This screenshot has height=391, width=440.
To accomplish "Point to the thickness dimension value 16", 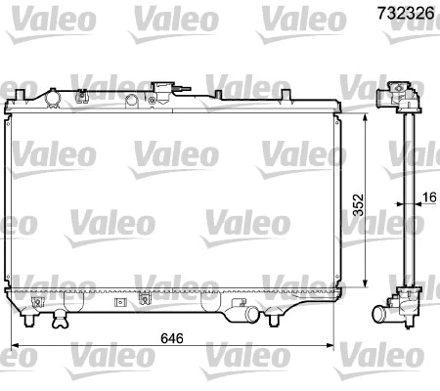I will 428,198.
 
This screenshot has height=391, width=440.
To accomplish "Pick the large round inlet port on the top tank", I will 50,98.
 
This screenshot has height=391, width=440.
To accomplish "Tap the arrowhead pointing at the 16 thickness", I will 414,206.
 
